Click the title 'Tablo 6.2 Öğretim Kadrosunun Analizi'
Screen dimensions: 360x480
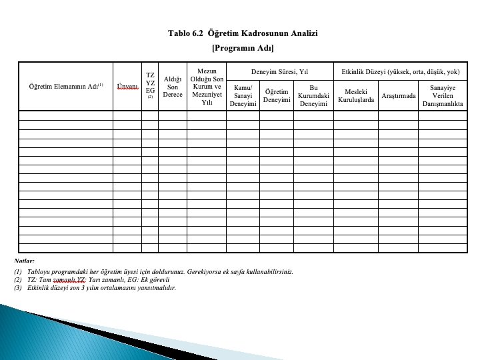tap(243, 33)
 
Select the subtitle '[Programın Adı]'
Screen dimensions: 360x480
tap(243, 48)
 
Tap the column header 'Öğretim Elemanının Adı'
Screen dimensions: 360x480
tap(65, 86)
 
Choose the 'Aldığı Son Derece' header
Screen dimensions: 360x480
tap(173, 86)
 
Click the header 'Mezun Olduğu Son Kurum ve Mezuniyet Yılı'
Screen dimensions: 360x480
tap(207, 86)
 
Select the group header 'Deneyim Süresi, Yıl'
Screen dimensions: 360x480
tap(279, 71)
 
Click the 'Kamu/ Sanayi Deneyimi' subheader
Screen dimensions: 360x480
tap(243, 96)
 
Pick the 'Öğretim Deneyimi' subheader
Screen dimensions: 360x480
tap(276, 96)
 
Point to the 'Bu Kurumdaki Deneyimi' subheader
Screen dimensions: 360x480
tap(313, 96)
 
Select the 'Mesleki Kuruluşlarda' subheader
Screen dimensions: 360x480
tap(356, 96)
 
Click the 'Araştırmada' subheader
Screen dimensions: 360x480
tap(398, 96)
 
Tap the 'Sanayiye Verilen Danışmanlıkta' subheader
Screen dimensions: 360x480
tap(443, 96)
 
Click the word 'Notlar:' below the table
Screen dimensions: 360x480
tap(25, 261)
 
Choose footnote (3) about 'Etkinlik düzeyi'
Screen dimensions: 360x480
tap(97, 288)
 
